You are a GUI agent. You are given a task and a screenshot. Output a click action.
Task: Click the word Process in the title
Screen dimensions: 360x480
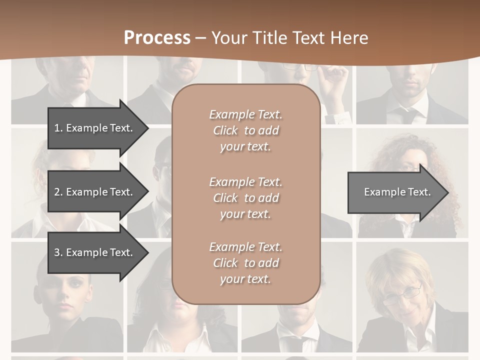[x=157, y=37]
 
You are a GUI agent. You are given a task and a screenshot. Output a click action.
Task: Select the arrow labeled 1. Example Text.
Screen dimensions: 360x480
[x=93, y=128]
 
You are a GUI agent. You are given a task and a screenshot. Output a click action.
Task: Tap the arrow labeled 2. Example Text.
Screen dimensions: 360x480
[x=93, y=192]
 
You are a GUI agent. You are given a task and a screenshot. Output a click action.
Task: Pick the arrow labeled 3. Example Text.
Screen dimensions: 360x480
[x=93, y=252]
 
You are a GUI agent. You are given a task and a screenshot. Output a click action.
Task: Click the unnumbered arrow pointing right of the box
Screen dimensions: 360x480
[x=397, y=192]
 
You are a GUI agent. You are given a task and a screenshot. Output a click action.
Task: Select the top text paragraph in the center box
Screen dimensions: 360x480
[x=245, y=130]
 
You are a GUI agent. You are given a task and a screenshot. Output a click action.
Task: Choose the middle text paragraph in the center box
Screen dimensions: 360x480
[x=245, y=198]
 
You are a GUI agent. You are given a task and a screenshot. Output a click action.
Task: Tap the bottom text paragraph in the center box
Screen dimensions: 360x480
[x=245, y=263]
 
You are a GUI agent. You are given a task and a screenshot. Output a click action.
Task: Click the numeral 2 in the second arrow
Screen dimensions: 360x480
[x=57, y=192]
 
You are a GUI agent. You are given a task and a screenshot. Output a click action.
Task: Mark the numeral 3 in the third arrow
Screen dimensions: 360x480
[x=57, y=252]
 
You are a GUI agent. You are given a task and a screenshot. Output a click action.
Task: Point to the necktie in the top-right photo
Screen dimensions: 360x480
[x=409, y=115]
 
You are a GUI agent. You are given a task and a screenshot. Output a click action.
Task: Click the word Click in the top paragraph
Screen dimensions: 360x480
[x=225, y=130]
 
